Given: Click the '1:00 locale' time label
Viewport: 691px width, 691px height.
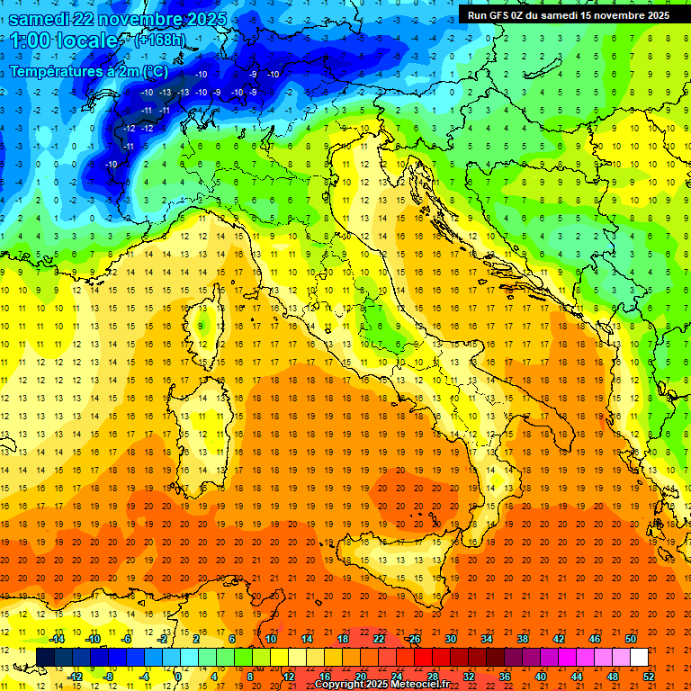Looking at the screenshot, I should [63, 40].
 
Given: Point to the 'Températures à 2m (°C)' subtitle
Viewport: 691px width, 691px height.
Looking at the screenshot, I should [88, 71].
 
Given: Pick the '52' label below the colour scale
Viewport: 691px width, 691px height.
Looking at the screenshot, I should [649, 677].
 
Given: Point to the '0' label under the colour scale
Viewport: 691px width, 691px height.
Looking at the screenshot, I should [178, 677].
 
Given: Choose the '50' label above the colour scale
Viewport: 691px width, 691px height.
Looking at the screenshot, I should [630, 639].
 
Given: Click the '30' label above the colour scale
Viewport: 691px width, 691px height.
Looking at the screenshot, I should [450, 639].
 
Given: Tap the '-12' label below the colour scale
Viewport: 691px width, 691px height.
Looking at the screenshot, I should [76, 677].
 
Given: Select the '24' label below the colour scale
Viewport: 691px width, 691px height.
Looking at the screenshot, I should [396, 677].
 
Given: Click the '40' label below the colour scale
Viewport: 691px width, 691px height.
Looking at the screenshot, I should [540, 677].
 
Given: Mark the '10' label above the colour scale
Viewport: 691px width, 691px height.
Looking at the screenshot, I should [270, 639].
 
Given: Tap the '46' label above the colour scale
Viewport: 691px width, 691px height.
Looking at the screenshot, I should [594, 639].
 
